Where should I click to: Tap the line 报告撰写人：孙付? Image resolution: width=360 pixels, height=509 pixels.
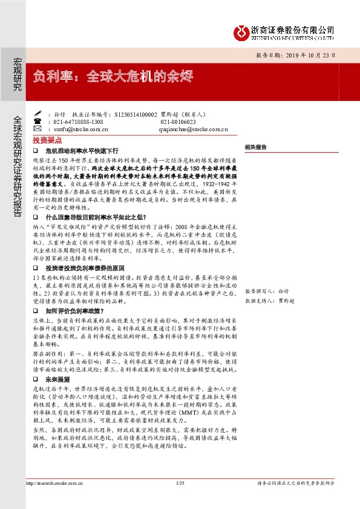pyautogui.click(x=266, y=290)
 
